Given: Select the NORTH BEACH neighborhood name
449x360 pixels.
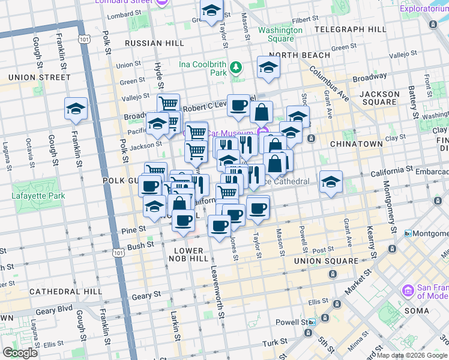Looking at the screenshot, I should [304, 55].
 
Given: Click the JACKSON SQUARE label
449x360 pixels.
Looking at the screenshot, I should [379, 98].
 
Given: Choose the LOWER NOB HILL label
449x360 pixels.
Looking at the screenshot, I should [191, 254].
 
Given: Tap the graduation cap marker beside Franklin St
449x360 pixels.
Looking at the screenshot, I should [76, 109].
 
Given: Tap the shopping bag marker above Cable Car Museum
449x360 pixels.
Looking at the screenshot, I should [262, 112].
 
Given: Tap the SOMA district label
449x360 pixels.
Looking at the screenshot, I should [417, 311].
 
